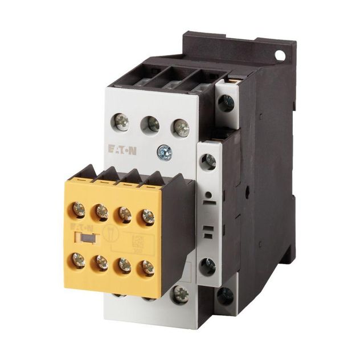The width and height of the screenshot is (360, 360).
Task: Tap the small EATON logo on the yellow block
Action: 79,227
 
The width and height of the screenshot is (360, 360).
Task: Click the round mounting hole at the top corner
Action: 279,55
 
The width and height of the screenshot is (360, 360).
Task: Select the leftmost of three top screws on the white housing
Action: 121,121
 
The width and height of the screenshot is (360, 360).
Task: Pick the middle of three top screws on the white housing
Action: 151,124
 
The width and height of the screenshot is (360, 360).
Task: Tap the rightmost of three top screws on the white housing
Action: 181,127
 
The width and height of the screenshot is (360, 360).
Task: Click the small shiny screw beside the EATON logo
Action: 164,152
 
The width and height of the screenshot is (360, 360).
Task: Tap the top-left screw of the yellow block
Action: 79,210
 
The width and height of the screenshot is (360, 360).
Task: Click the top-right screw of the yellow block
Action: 148,216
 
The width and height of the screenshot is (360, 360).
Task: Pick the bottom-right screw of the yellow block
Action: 147,268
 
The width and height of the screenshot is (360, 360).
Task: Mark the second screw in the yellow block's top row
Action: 102,212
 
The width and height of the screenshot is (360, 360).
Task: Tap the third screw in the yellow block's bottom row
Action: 124,265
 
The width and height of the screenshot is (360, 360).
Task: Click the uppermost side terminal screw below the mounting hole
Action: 227,103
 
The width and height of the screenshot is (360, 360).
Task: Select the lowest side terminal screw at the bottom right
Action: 226,296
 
